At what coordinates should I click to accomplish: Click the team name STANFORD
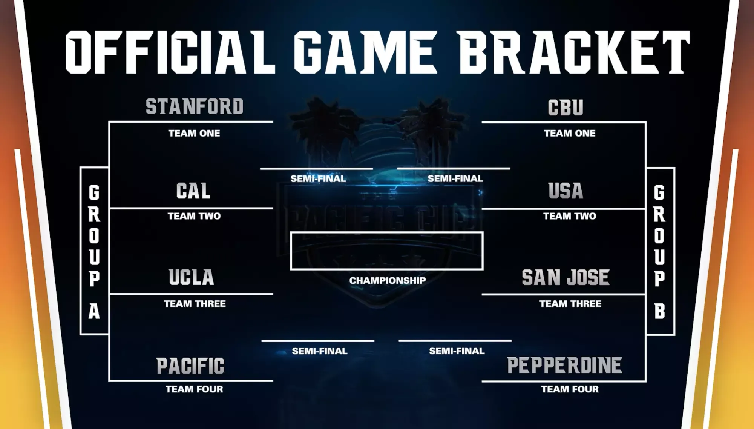(195, 106)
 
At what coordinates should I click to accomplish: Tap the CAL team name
(193, 191)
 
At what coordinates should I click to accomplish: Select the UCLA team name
(192, 277)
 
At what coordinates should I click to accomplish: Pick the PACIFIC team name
(190, 366)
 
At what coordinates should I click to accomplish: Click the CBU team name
(565, 108)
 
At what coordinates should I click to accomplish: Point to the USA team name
(565, 191)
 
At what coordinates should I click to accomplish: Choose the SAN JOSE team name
(565, 278)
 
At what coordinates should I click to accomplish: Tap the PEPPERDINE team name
(564, 365)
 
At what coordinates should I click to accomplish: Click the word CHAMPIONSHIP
(388, 280)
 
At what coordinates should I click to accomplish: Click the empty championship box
(387, 232)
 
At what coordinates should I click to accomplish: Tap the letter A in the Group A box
(94, 311)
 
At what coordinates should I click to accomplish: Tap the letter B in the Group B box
(659, 311)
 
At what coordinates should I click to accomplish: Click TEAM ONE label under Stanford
(194, 133)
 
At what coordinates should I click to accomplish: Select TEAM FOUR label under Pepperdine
(570, 389)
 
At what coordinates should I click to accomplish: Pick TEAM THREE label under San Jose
(570, 304)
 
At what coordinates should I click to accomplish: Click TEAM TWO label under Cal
(194, 216)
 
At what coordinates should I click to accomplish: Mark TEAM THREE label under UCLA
(195, 304)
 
